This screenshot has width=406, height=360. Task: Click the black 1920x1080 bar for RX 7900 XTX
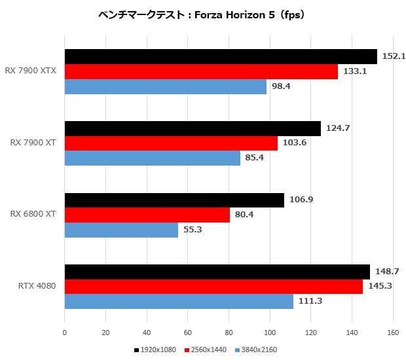[221, 57]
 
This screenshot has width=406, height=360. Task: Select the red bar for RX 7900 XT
[171, 143]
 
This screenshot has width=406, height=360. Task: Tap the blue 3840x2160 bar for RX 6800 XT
[121, 230]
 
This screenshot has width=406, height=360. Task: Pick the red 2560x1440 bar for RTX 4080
[213, 287]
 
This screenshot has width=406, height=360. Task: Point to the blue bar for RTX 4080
[179, 302]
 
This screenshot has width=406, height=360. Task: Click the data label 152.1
[394, 56]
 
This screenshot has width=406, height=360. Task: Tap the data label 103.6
[293, 143]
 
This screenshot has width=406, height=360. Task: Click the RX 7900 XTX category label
[31, 70]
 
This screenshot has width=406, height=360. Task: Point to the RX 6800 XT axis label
[32, 213]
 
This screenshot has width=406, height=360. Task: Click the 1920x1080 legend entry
[155, 350]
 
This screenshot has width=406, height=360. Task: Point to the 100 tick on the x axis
[270, 333]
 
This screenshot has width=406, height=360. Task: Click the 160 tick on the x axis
[393, 333]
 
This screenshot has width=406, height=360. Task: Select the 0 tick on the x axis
[64, 333]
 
